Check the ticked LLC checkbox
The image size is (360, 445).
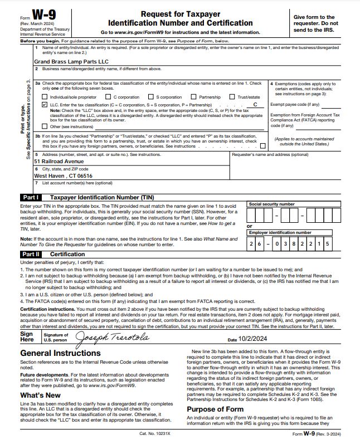click(45, 104)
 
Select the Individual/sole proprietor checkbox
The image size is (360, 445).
click(45, 97)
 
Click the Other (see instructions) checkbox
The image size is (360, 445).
click(45, 126)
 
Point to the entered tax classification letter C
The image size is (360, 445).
click(255, 104)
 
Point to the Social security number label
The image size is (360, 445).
click(272, 204)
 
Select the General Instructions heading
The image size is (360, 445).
click(61, 353)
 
